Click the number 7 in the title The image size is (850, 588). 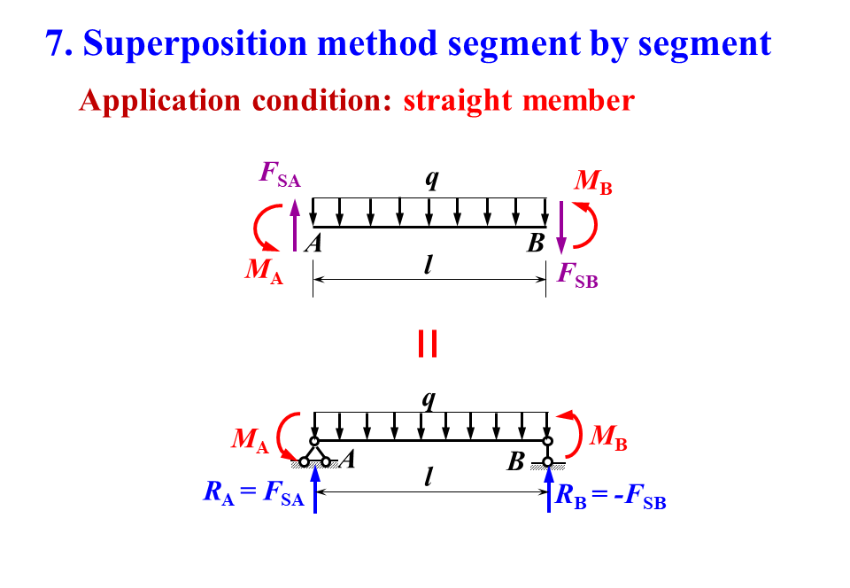pos(58,43)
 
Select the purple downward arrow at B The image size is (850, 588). pos(560,228)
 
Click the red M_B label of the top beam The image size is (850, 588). pos(592,182)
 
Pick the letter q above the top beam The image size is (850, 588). pos(431,178)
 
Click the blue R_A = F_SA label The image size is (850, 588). pos(253,494)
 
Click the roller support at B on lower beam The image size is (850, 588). pos(548,453)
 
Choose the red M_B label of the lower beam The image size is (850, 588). pos(608,437)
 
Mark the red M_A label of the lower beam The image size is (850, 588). pos(250,439)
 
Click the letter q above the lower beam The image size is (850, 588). pos(429,399)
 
